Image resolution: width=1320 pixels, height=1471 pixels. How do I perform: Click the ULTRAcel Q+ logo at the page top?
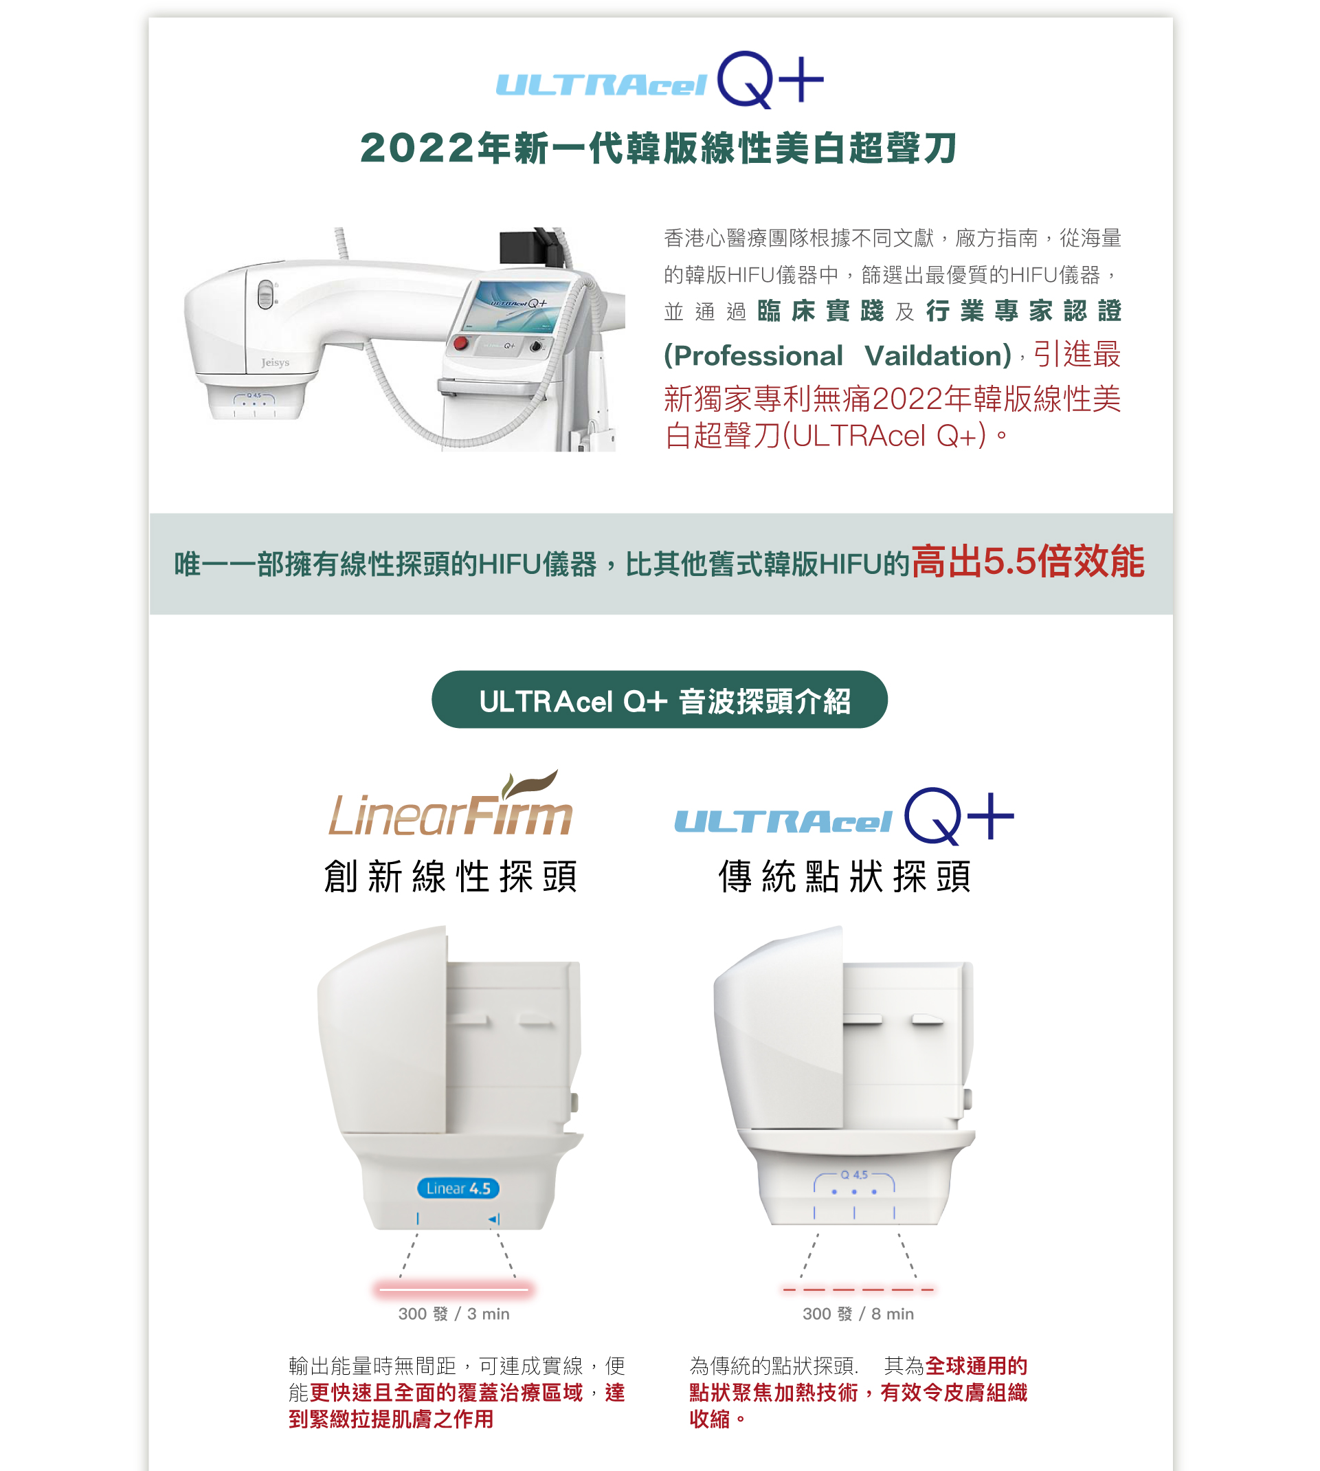(x=659, y=80)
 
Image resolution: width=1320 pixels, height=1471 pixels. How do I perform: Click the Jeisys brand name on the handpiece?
(x=275, y=362)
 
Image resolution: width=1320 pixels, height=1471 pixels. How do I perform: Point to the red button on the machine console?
(x=460, y=343)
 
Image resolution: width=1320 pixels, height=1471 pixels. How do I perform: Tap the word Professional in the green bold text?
(x=754, y=355)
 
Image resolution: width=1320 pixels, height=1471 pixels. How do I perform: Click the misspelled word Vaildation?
(x=938, y=355)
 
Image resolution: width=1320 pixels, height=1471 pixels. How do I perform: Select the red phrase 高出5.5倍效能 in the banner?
(x=1028, y=562)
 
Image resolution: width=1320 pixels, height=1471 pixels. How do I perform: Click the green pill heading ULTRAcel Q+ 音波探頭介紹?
(x=659, y=700)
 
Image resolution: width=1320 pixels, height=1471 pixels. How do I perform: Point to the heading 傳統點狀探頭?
(x=845, y=876)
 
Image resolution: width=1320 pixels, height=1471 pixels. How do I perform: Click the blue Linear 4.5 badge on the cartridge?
(x=458, y=1188)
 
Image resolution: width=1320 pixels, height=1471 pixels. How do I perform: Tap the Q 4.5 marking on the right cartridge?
(x=854, y=1174)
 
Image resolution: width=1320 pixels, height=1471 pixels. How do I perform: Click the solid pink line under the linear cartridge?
(x=454, y=1289)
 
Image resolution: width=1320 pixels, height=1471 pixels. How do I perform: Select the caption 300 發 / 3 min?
(x=454, y=1314)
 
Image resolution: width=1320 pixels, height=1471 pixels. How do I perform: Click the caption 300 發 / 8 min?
(x=858, y=1314)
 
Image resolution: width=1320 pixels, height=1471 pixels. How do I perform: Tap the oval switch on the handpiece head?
(x=266, y=294)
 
